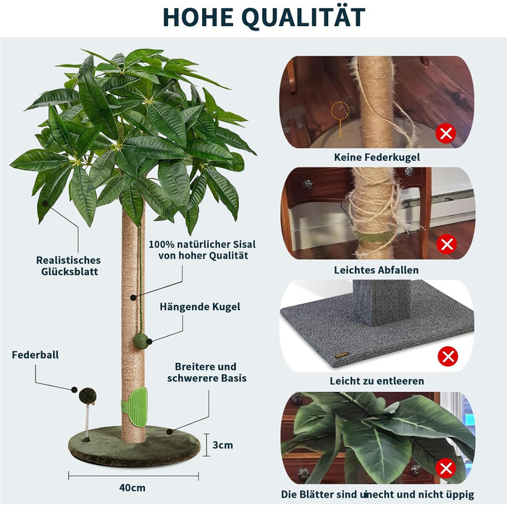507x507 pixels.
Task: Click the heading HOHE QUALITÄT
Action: (x=264, y=17)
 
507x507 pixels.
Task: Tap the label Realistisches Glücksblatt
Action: (x=69, y=266)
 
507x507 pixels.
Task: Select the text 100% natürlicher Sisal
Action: (x=202, y=244)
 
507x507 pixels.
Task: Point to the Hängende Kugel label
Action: (x=200, y=307)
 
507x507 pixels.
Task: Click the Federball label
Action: (x=35, y=355)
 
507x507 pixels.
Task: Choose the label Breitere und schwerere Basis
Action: (x=207, y=372)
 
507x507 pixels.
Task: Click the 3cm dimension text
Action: (x=223, y=445)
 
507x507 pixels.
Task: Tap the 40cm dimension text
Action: (x=133, y=487)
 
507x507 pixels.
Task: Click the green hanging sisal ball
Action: (x=141, y=341)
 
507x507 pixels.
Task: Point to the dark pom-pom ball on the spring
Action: (x=88, y=396)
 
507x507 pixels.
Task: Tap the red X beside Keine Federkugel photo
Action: (x=445, y=133)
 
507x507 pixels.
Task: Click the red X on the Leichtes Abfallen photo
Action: (x=447, y=244)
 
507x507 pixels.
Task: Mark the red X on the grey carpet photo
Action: (x=448, y=356)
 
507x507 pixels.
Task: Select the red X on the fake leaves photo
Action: (x=445, y=469)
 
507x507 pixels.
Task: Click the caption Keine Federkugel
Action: (x=377, y=157)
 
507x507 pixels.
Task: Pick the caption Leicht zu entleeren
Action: (x=377, y=381)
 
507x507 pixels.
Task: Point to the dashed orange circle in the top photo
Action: (x=340, y=111)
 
